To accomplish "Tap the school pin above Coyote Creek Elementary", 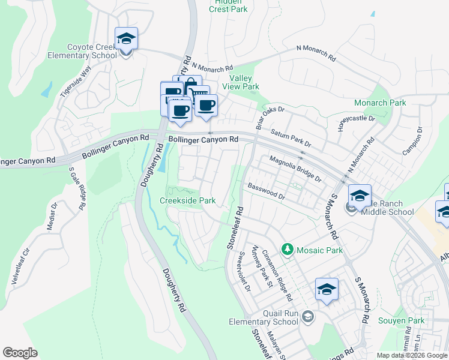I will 126,40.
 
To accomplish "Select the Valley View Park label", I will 245,82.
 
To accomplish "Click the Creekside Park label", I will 187,200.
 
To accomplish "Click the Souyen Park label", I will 401,321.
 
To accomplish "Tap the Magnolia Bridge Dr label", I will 295,169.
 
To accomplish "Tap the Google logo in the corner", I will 20,353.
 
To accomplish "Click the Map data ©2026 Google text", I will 411,355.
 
